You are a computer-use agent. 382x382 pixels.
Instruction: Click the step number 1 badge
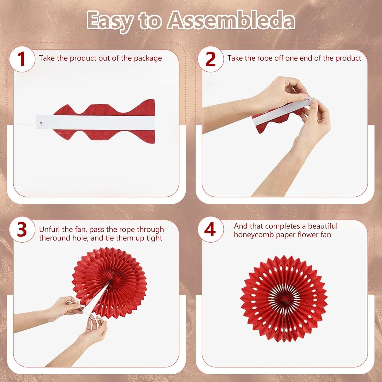coord(22,59)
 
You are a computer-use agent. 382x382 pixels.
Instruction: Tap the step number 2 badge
coord(210,59)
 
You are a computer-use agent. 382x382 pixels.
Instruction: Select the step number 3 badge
coord(22,229)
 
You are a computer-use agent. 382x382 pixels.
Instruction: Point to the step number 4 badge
coord(210,229)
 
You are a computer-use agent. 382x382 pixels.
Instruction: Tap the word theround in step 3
coord(53,238)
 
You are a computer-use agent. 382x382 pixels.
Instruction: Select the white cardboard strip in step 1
coord(95,123)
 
